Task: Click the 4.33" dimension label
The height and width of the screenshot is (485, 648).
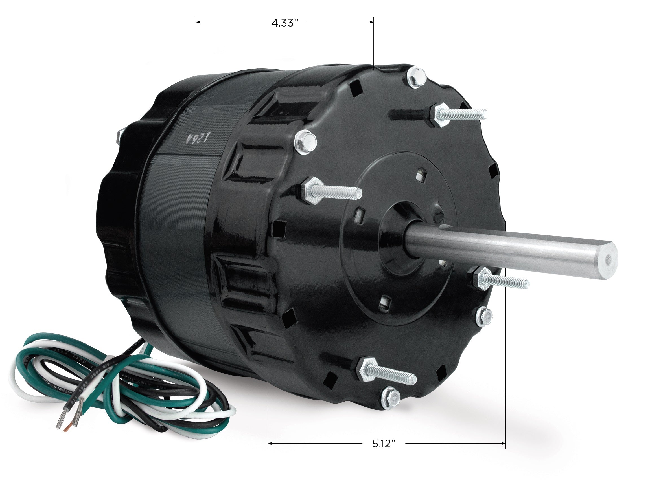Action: coord(282,23)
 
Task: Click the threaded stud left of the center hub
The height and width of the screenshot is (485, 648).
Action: coord(334,191)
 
